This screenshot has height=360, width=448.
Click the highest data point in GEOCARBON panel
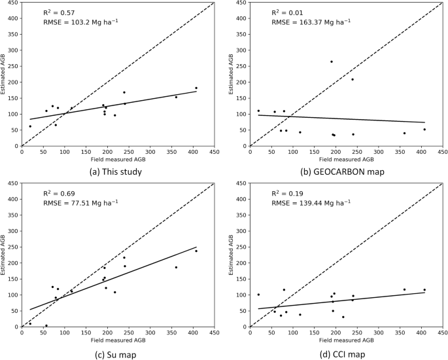click(332, 62)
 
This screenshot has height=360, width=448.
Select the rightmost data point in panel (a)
click(196, 88)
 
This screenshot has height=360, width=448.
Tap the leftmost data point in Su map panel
click(30, 323)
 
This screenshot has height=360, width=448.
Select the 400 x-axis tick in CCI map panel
click(421, 333)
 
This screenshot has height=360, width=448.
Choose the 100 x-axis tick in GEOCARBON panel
click(293, 152)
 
